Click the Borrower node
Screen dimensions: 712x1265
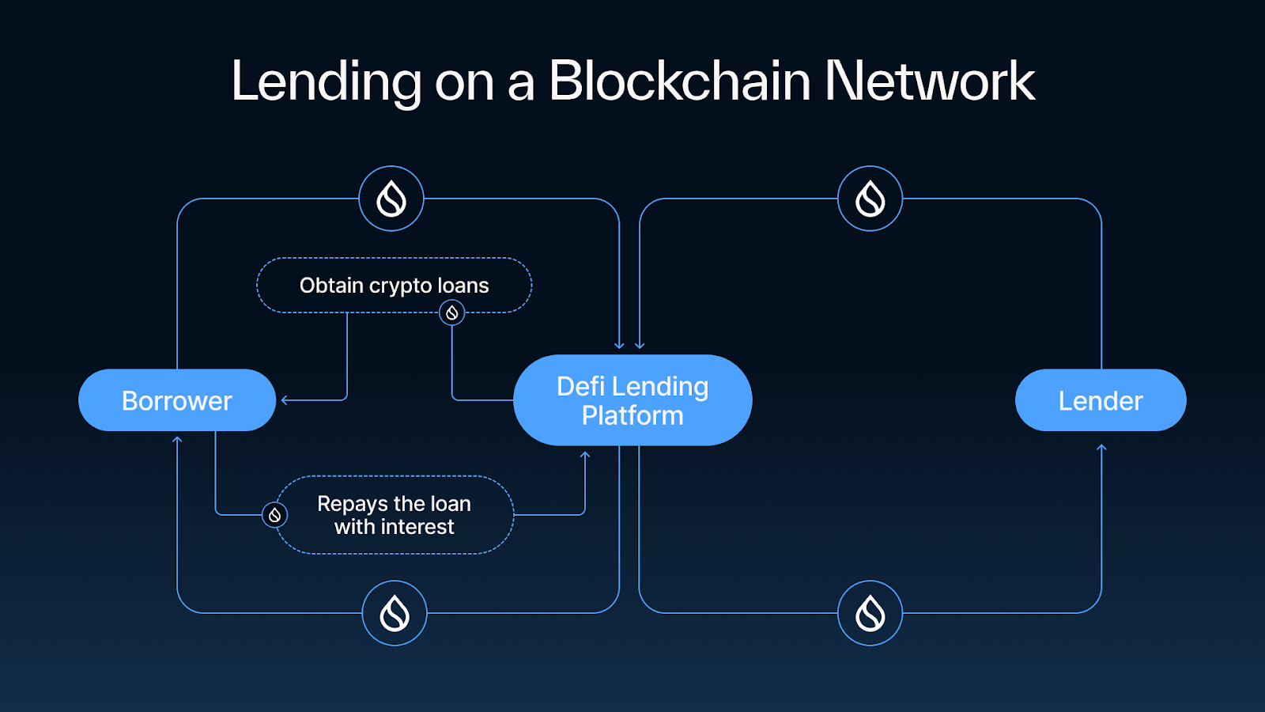pyautogui.click(x=177, y=400)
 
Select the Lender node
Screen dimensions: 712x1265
pyautogui.click(x=1100, y=400)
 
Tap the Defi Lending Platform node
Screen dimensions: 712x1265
pyautogui.click(x=632, y=400)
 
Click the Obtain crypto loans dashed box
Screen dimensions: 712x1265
pyautogui.click(x=394, y=285)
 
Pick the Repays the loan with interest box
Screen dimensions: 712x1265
pyautogui.click(x=394, y=515)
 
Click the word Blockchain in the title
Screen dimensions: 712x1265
pyautogui.click(x=679, y=81)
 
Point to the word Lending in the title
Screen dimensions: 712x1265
pyautogui.click(x=326, y=81)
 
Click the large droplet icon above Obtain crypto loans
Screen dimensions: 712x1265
pyautogui.click(x=391, y=199)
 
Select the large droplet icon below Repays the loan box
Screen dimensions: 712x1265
pyautogui.click(x=395, y=613)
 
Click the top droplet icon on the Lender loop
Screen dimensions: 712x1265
pyautogui.click(x=870, y=199)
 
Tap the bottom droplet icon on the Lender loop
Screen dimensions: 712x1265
pyautogui.click(x=870, y=613)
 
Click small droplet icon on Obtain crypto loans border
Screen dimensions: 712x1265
pyautogui.click(x=452, y=312)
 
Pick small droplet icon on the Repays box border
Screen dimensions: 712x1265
pyautogui.click(x=274, y=515)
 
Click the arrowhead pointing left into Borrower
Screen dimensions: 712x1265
pyautogui.click(x=285, y=400)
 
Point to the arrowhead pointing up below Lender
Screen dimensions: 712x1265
pyautogui.click(x=1101, y=449)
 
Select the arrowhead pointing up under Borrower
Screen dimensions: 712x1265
pyautogui.click(x=177, y=440)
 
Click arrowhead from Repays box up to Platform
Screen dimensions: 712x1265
pyautogui.click(x=585, y=455)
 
